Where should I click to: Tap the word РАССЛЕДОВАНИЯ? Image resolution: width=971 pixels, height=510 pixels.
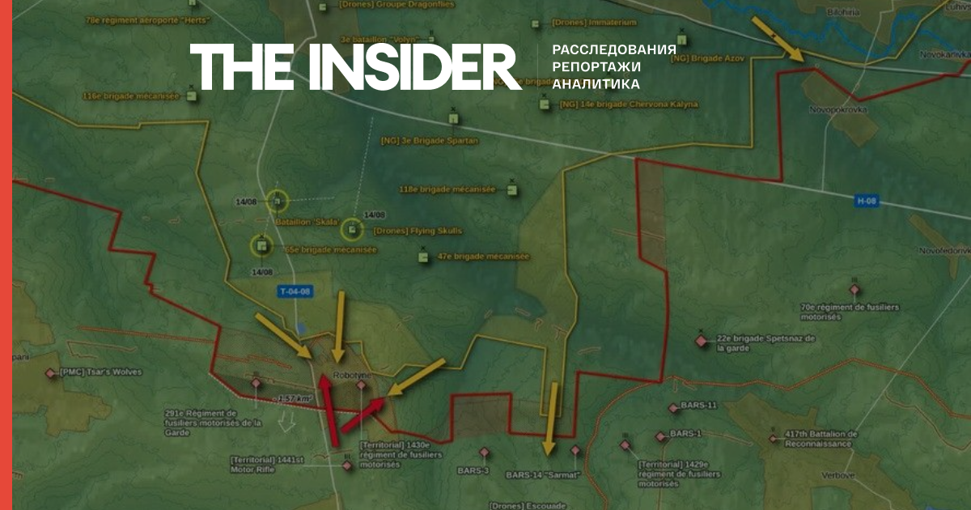pyautogui.click(x=613, y=49)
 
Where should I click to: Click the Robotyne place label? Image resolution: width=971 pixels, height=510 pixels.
pyautogui.click(x=351, y=376)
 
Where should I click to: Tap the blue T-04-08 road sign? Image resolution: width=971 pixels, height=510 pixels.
pyautogui.click(x=295, y=292)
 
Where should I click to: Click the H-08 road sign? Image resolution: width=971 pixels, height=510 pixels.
pyautogui.click(x=867, y=199)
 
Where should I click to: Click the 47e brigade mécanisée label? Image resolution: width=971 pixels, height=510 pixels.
pyautogui.click(x=483, y=257)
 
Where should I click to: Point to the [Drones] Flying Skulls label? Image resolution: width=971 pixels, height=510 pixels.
pyautogui.click(x=418, y=231)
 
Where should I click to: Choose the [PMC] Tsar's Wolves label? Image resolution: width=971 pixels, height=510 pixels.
pyautogui.click(x=100, y=372)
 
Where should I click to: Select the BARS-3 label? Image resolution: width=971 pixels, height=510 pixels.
pyautogui.click(x=473, y=470)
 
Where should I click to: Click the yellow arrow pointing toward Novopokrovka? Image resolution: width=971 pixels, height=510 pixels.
pyautogui.click(x=778, y=39)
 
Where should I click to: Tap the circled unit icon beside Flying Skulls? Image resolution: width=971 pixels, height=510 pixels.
pyautogui.click(x=351, y=230)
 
